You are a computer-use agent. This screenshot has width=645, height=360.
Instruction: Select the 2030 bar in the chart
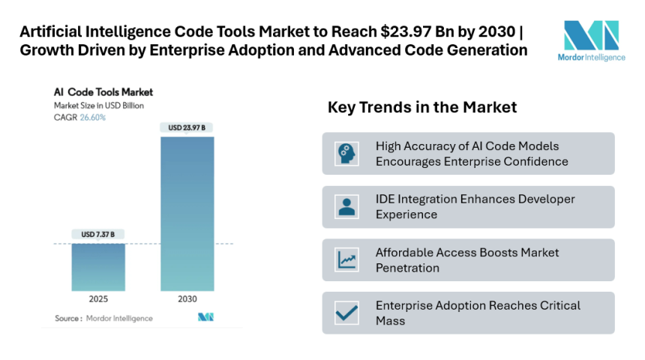(x=187, y=213)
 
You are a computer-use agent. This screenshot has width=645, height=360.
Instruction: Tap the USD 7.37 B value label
(x=98, y=235)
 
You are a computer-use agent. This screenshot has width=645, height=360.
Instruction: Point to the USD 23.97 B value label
(x=187, y=128)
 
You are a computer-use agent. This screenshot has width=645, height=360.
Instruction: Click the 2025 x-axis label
(x=98, y=298)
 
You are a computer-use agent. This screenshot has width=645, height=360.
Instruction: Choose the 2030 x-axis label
(x=187, y=298)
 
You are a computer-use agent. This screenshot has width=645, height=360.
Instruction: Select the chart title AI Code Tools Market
(x=103, y=92)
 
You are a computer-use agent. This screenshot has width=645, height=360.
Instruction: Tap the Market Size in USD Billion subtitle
(x=99, y=105)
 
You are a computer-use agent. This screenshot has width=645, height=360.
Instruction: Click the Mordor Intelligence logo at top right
(x=591, y=41)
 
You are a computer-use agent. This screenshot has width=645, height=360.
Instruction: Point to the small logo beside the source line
(x=206, y=317)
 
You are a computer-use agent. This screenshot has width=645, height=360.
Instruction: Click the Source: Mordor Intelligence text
(x=103, y=318)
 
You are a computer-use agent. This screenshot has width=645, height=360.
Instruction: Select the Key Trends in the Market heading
(x=422, y=107)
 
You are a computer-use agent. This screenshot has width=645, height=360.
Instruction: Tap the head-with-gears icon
(x=346, y=154)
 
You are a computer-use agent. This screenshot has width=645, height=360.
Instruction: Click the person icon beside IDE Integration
(x=346, y=207)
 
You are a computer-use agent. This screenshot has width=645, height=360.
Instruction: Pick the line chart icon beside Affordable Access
(x=346, y=260)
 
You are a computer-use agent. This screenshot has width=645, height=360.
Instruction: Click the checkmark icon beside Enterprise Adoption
(x=346, y=313)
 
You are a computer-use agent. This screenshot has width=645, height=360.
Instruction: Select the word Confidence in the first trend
(x=534, y=161)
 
